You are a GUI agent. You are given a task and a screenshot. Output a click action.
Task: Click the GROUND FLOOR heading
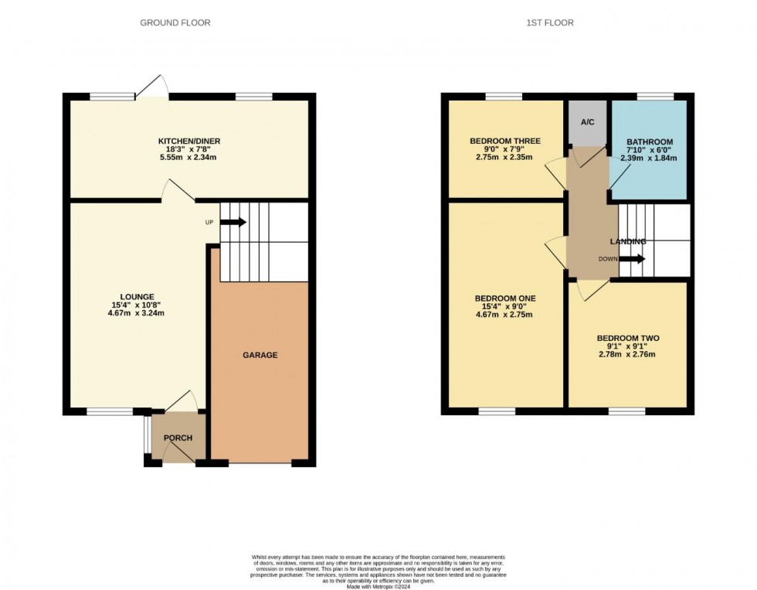[x=175, y=23]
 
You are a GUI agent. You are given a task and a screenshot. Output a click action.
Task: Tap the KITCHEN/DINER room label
[x=189, y=141]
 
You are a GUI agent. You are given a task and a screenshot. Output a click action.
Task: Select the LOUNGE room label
[x=137, y=296]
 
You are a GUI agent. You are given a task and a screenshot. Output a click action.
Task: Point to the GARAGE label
[x=260, y=355]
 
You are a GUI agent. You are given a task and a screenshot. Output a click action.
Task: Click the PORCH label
[x=178, y=438]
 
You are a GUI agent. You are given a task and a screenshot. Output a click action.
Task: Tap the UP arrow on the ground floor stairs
[x=233, y=223]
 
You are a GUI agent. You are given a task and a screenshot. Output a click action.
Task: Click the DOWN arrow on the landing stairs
[x=631, y=259]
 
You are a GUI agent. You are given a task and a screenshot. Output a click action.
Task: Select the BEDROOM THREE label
[x=505, y=141]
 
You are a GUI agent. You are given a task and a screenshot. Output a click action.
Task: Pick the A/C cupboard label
[x=587, y=122]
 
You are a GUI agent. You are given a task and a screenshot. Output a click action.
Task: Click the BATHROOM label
[x=649, y=142]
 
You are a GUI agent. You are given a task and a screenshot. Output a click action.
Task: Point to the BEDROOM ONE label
[x=505, y=298]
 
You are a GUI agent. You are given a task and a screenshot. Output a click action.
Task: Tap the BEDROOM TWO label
[x=627, y=339]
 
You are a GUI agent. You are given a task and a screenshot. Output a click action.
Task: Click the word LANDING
[x=627, y=242]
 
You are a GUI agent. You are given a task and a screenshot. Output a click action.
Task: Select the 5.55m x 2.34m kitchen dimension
[x=189, y=158]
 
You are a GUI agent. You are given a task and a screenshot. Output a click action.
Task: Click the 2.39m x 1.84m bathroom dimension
[x=649, y=158]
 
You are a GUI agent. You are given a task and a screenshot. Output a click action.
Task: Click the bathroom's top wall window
[x=655, y=96]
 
